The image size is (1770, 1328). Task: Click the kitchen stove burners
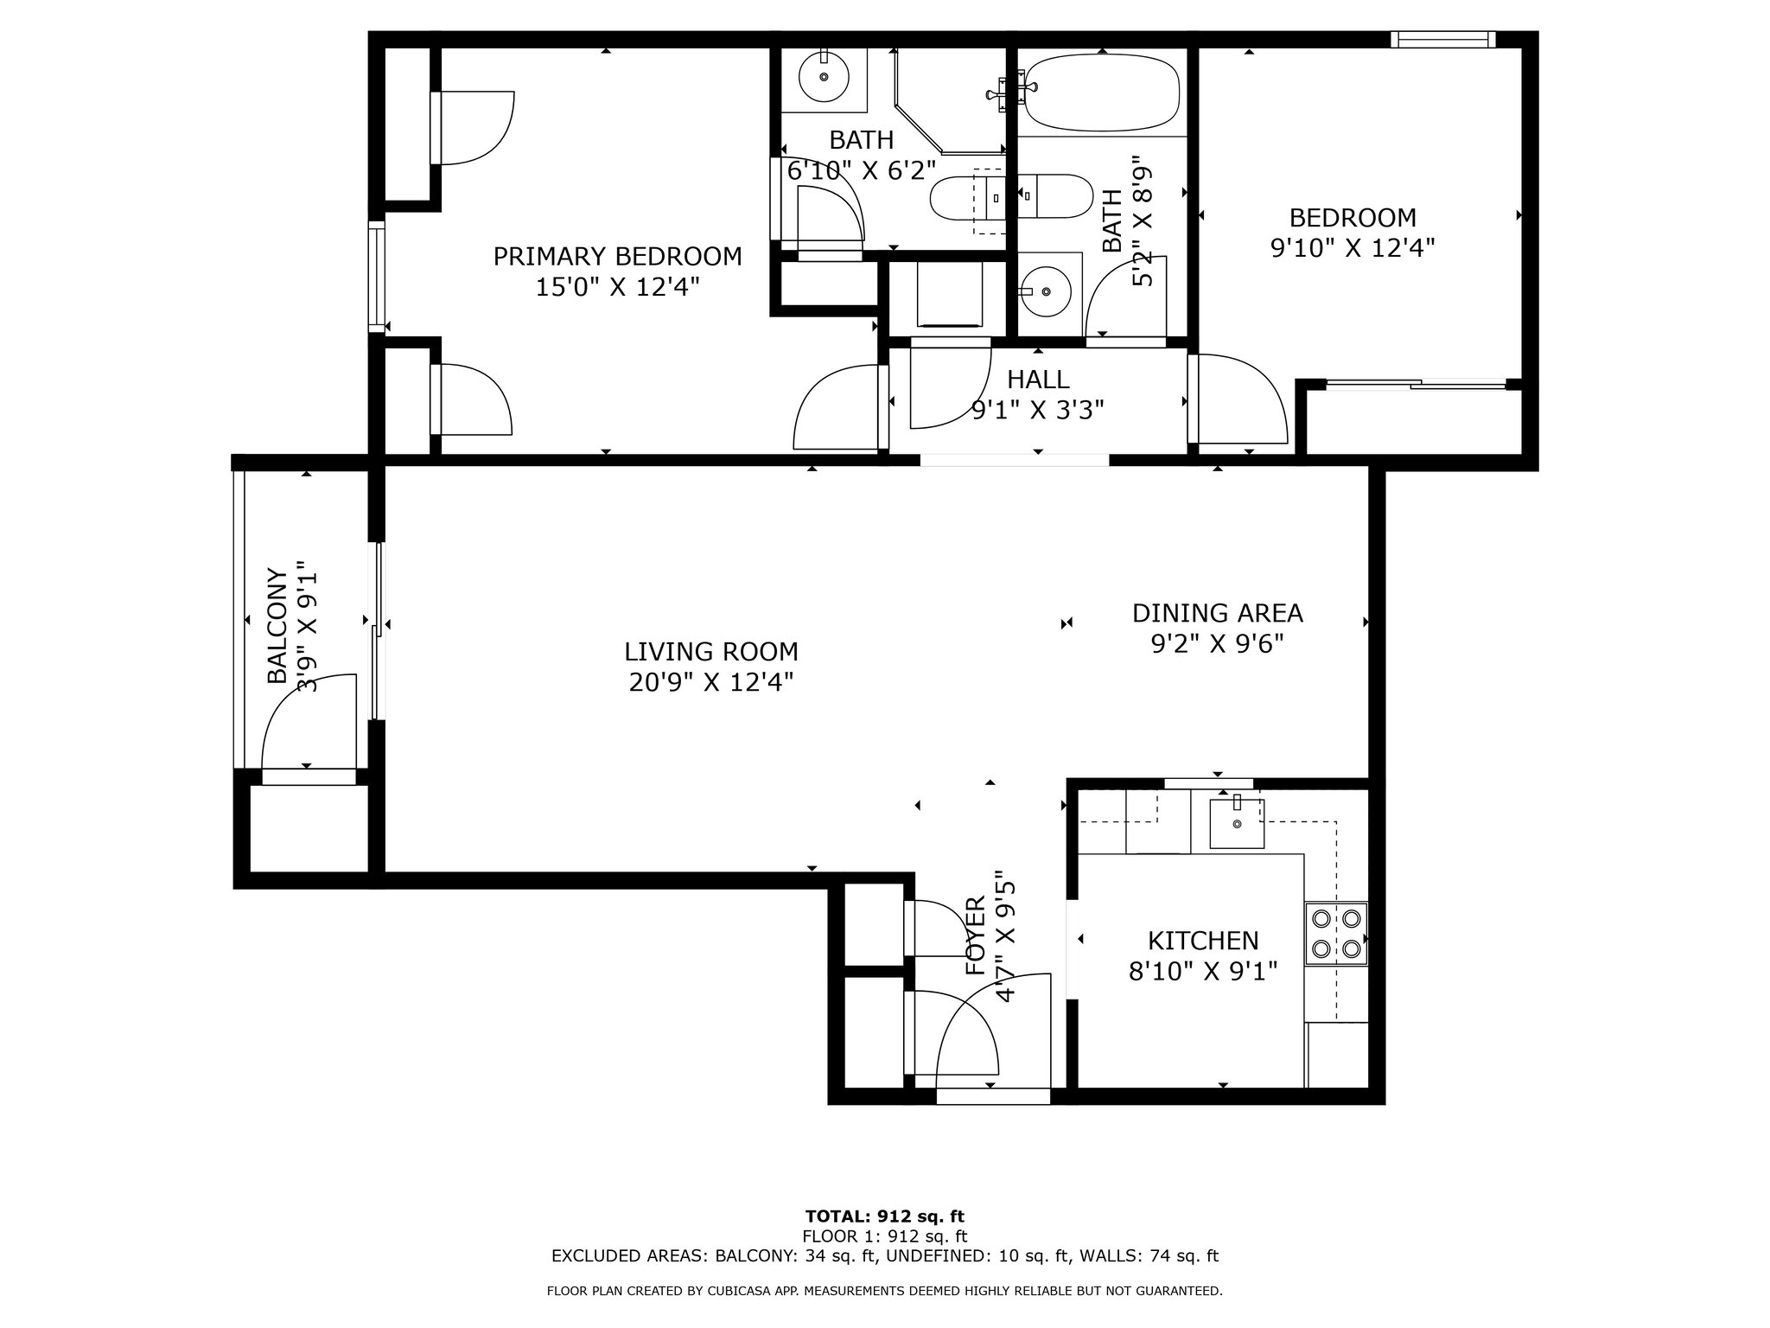(1335, 934)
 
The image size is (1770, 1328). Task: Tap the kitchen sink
(1237, 823)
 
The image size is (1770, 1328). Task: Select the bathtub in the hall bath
(1102, 93)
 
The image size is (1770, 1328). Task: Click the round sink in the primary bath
(824, 77)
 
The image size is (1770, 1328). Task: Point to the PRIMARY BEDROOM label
(617, 257)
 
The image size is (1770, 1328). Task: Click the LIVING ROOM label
(711, 651)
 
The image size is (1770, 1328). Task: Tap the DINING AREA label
(1217, 613)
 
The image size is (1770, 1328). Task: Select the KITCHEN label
(1203, 940)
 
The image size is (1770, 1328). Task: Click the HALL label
(1038, 379)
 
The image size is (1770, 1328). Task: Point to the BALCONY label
(277, 625)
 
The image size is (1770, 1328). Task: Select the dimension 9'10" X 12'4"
(1353, 248)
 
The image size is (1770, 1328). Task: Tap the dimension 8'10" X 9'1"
(1203, 971)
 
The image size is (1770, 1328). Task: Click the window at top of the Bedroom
(1443, 39)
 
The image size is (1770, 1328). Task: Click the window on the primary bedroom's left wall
(376, 277)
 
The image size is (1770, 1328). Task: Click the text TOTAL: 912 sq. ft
(885, 1217)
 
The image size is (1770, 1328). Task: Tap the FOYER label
(975, 936)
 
